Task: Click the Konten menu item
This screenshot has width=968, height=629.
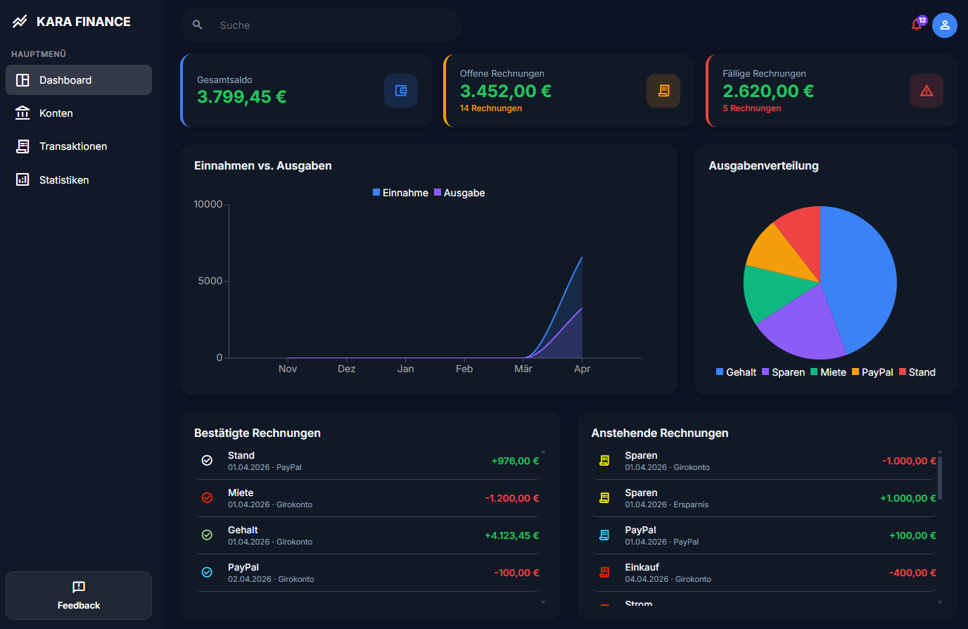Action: click(x=56, y=113)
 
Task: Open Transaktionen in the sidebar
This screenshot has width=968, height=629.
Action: click(x=72, y=146)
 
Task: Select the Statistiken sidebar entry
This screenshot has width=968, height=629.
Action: click(x=63, y=180)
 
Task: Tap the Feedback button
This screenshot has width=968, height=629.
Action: click(x=79, y=595)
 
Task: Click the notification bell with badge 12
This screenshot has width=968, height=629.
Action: click(x=917, y=25)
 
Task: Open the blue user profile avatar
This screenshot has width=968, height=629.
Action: click(x=944, y=25)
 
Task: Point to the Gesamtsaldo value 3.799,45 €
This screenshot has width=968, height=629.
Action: click(x=241, y=97)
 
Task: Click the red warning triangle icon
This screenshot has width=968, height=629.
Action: click(x=926, y=91)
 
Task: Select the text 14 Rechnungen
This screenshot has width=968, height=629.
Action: click(x=490, y=108)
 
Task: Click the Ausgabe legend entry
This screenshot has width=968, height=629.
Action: click(x=459, y=193)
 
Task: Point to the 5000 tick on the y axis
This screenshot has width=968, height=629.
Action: click(x=210, y=281)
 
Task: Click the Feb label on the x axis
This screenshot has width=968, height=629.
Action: click(x=464, y=369)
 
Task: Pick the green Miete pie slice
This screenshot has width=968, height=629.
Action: click(x=770, y=292)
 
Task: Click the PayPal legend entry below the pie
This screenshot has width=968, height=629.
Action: click(x=872, y=372)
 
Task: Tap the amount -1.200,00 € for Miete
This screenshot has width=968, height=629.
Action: click(x=511, y=498)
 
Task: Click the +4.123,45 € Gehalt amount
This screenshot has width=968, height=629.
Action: click(x=511, y=535)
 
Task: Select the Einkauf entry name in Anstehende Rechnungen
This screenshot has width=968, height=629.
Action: click(x=642, y=567)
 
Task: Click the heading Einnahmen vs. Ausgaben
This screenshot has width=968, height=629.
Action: click(x=262, y=166)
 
